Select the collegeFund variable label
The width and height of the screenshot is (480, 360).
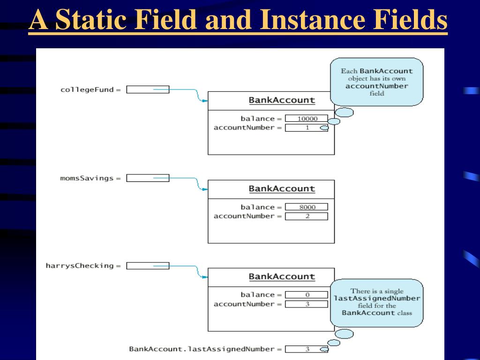pyautogui.click(x=87, y=90)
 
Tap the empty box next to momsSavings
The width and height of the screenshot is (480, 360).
pyautogui.click(x=148, y=178)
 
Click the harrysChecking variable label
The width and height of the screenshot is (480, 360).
pyautogui.click(x=80, y=266)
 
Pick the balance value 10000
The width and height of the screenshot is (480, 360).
pyautogui.click(x=307, y=119)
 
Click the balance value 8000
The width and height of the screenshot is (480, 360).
pyautogui.click(x=307, y=207)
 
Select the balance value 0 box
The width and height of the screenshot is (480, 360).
pyautogui.click(x=307, y=295)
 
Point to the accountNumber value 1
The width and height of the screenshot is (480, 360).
pyautogui.click(x=307, y=127)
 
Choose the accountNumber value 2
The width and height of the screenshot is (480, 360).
pyautogui.click(x=307, y=216)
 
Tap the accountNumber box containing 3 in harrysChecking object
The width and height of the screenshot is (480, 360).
pyautogui.click(x=307, y=304)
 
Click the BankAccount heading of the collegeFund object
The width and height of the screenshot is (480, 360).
pyautogui.click(x=282, y=100)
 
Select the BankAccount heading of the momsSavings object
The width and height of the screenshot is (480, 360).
pyautogui.click(x=282, y=189)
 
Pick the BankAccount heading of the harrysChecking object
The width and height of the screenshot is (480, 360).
pyautogui.click(x=282, y=277)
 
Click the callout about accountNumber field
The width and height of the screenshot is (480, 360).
pyautogui.click(x=377, y=82)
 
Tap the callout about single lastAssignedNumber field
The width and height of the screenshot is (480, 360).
pyautogui.click(x=377, y=302)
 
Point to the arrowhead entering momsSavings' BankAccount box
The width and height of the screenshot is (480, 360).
pyautogui.click(x=204, y=189)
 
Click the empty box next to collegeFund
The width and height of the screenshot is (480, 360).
pyautogui.click(x=148, y=90)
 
